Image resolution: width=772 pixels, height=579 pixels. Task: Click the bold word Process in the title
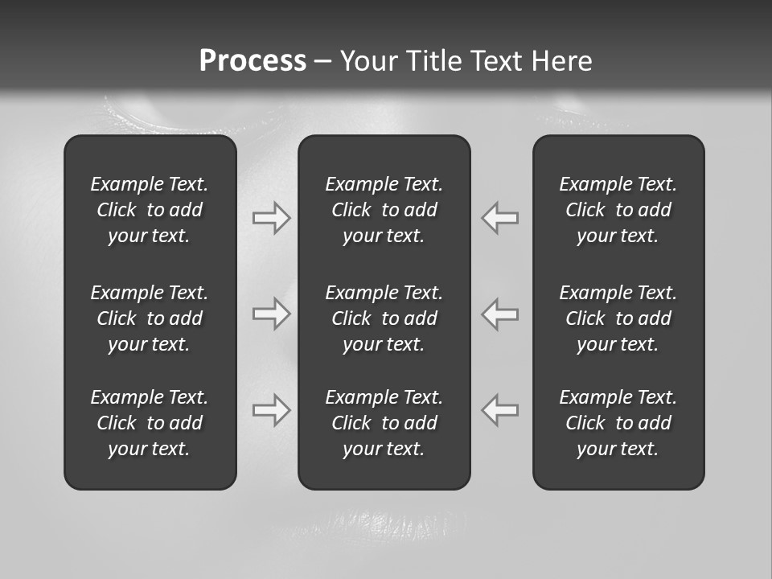tap(253, 61)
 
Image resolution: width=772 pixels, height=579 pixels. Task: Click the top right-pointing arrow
tap(271, 217)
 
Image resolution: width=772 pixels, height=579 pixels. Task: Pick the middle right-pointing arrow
tap(271, 314)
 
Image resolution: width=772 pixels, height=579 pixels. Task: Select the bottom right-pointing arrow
tap(271, 409)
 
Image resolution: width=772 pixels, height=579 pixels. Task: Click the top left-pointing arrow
tap(500, 217)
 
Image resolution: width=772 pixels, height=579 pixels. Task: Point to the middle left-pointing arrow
tap(500, 314)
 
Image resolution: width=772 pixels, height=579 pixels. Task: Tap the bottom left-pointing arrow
tap(500, 409)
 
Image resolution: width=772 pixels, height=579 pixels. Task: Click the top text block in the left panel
tap(150, 210)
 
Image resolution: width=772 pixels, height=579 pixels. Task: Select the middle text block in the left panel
tap(150, 318)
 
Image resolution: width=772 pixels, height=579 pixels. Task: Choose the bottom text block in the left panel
tap(150, 423)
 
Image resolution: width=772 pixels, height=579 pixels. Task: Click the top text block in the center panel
tap(384, 210)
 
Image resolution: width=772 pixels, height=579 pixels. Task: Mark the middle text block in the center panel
tap(384, 318)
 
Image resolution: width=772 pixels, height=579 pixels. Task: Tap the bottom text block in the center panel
tap(384, 423)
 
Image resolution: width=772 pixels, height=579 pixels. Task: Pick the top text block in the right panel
tap(618, 210)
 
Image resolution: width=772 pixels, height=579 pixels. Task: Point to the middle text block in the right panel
tap(618, 318)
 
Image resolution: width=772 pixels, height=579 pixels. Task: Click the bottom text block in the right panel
tap(618, 423)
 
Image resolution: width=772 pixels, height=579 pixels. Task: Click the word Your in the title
tap(368, 61)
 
